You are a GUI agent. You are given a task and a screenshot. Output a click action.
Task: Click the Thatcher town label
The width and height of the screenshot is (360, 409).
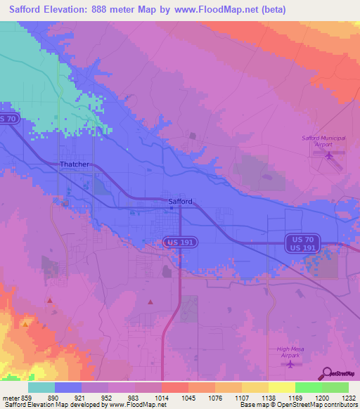click(75, 164)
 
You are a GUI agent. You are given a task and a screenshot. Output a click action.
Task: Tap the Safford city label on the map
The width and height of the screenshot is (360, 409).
click(180, 202)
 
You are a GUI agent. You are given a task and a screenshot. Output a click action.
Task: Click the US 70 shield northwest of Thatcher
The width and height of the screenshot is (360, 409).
click(8, 119)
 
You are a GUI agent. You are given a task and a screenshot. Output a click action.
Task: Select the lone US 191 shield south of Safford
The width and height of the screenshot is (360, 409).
click(181, 242)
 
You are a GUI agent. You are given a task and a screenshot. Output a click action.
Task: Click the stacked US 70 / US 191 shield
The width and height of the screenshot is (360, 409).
click(304, 244)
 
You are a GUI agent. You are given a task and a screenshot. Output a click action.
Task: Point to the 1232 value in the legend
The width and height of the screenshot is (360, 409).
click(349, 397)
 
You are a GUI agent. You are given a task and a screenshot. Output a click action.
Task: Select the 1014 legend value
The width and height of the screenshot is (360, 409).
click(162, 397)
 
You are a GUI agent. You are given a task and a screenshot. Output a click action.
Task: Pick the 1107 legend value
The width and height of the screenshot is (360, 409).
click(242, 397)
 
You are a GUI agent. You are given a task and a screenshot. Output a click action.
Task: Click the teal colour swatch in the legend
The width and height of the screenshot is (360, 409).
click(41, 387)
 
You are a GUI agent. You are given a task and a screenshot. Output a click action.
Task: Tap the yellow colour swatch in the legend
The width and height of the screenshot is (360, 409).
click(282, 387)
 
